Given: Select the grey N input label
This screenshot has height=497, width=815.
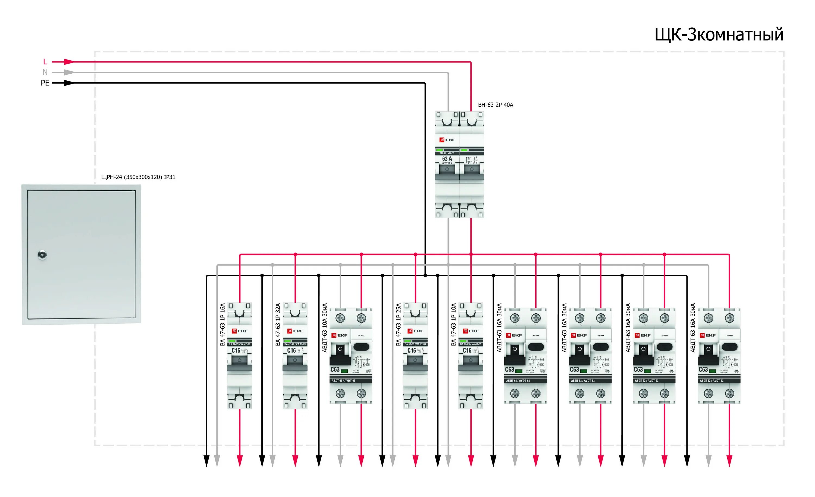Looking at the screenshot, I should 45,72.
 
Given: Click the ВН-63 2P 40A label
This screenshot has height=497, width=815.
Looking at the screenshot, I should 495,105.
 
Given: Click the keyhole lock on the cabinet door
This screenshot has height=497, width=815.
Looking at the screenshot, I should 42,255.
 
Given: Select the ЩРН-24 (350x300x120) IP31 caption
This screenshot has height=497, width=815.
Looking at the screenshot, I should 138,177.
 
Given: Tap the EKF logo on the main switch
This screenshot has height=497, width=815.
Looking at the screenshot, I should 447,140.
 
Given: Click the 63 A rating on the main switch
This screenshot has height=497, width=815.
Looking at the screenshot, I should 447,159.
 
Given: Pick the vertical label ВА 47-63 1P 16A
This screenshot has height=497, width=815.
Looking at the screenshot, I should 222,324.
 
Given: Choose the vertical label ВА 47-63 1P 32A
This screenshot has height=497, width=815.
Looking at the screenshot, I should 278,324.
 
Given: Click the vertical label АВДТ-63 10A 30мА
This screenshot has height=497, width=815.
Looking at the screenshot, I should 324,328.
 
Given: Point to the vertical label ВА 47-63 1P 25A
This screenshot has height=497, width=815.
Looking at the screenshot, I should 398,324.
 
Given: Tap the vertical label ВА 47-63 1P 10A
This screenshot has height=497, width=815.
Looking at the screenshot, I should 453,324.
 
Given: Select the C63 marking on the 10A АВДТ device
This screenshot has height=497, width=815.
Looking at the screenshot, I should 335,370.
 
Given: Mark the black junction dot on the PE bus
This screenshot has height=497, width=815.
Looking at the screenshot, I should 425,275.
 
